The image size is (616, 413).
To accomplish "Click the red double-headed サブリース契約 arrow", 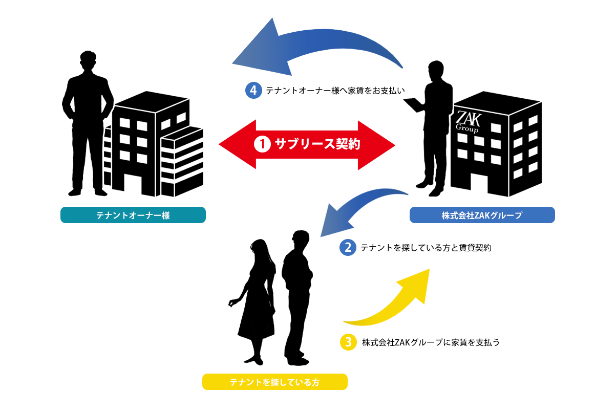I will coord(307,145).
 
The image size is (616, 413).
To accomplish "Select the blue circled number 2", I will coord(348,248).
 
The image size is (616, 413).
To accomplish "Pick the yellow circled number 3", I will coord(348,342).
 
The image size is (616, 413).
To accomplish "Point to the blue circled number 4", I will coord(253,91).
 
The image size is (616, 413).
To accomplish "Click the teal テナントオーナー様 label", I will coord(133,215).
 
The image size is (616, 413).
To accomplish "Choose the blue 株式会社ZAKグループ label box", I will coord(482,215).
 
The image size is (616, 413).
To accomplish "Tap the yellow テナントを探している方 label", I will coord(275,382).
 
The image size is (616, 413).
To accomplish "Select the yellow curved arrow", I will coord(394,302).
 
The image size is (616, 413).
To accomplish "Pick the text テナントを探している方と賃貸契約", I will coord(426,248).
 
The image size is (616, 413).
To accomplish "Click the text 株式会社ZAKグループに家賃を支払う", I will coord(430,342).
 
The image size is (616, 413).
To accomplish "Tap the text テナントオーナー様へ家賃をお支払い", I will coord(335,91).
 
